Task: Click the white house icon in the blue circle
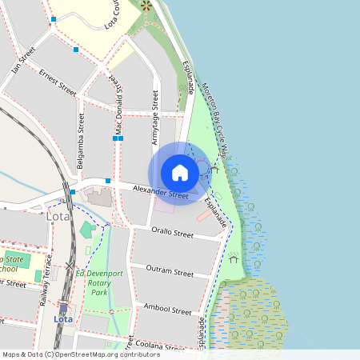pos(180,172)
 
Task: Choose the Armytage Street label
pos(155,111)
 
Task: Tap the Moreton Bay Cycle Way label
pos(215,119)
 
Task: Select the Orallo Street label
pos(173,234)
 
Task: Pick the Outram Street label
pos(172,272)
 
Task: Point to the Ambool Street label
pos(167,309)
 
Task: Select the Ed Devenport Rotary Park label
pos(100,283)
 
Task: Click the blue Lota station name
pos(63,319)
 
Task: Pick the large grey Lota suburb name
pos(58,216)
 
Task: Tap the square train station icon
pos(63,306)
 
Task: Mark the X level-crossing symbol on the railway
pos(70,265)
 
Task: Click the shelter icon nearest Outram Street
pos(234,258)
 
